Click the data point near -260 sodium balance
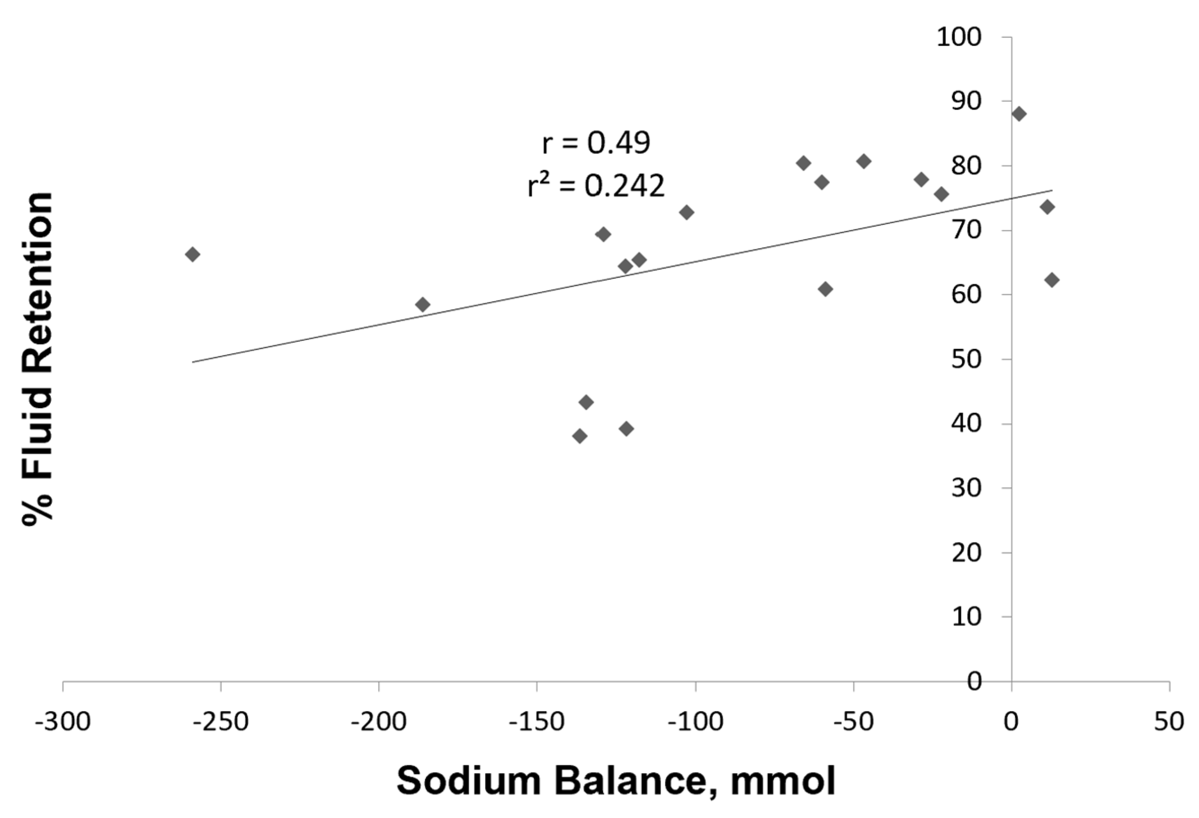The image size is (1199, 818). pos(192,254)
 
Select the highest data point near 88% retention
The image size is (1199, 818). pos(1019,114)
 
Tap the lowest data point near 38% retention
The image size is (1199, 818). pos(580,436)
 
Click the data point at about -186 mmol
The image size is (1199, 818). pos(423,304)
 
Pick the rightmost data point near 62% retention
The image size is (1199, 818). pos(1052,280)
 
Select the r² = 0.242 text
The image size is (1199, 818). pos(596,186)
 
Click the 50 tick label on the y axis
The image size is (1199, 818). pos(966,360)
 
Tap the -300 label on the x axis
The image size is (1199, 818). pos(63,722)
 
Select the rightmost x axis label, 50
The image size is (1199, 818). pos(1169,722)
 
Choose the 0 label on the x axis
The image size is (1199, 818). pos(1011,722)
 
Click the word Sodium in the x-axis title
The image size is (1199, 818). pos(468,781)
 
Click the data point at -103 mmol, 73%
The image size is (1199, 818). pos(686,212)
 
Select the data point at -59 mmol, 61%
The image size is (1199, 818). pos(825,289)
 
